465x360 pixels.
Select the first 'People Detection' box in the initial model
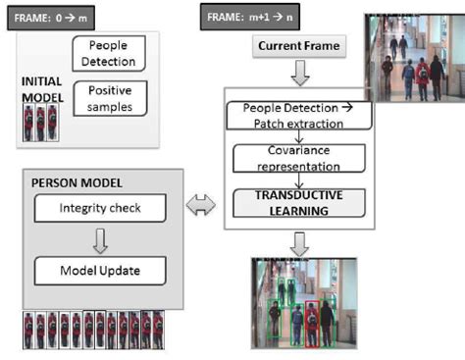tap(109, 53)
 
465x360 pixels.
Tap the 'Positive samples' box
tap(109, 96)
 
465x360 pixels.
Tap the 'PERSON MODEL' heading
tap(69, 182)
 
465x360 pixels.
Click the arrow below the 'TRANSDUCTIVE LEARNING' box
tap(296, 242)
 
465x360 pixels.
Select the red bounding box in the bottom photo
tap(313, 325)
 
